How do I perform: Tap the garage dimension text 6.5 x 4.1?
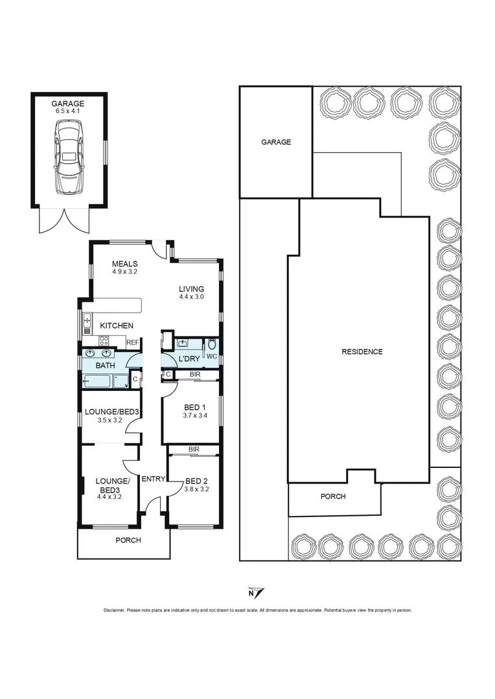pos(69,111)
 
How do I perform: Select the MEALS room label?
pos(124,263)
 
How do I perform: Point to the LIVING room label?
pos(192,289)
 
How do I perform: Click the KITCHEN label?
pos(117,326)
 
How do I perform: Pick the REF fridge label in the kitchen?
pos(133,342)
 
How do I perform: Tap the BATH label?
pos(105,366)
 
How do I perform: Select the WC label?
pos(211,357)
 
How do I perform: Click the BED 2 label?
pos(197,481)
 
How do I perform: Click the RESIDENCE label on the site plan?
pos(362,352)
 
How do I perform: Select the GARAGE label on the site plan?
pos(276,142)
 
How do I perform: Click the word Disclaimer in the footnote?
pos(115,610)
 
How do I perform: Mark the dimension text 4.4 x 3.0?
pos(192,297)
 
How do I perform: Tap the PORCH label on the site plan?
pos(333,496)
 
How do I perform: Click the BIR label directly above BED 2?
pos(193,449)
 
